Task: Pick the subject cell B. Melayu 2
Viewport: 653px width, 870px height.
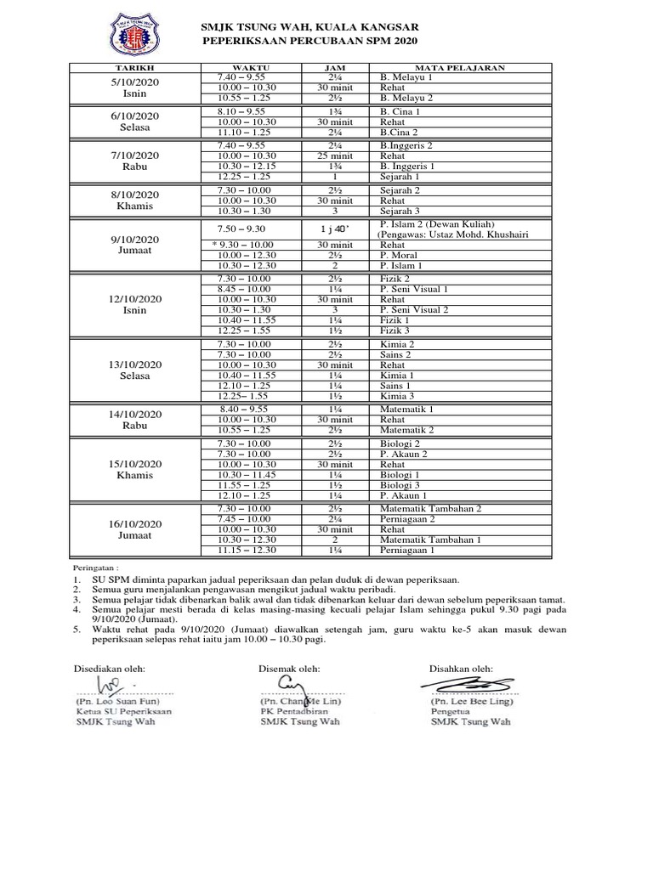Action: click(406, 98)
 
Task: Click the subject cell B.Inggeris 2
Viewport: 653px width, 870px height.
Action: click(406, 145)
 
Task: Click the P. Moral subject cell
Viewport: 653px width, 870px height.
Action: click(397, 255)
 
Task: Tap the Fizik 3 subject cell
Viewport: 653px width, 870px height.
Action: click(395, 330)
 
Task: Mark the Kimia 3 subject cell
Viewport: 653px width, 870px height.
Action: click(397, 396)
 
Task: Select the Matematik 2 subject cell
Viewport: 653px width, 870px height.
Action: click(406, 430)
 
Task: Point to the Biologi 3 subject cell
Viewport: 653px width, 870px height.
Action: click(400, 484)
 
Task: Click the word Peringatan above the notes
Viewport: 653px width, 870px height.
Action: click(94, 567)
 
